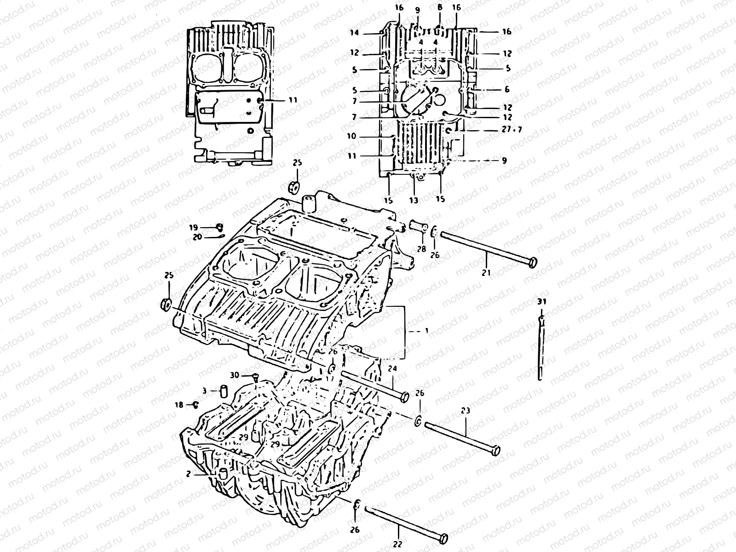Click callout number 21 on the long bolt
[x=487, y=272]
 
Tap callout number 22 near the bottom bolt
[x=398, y=544]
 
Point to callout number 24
[x=392, y=368]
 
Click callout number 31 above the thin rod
[x=542, y=302]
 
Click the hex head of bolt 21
[x=533, y=263]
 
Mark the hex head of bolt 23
[x=494, y=450]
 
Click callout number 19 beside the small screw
[x=193, y=227]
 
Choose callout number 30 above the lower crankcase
[x=235, y=375]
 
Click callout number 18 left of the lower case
[x=179, y=405]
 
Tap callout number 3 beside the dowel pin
[x=204, y=391]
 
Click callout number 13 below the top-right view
[x=414, y=200]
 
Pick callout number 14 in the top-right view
[x=353, y=33]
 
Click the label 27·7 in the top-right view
[x=512, y=130]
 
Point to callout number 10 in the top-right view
[x=352, y=137]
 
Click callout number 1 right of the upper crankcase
[x=426, y=331]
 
